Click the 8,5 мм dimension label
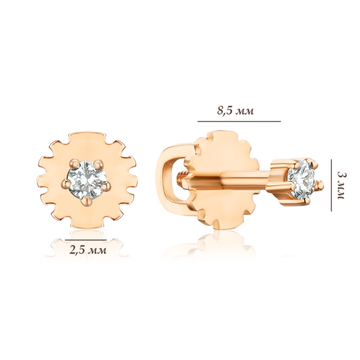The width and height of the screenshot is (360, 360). (x=236, y=111)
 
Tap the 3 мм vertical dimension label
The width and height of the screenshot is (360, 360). (x=341, y=186)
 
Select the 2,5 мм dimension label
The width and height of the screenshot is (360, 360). (x=88, y=250)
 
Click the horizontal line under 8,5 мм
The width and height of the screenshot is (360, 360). (x=239, y=121)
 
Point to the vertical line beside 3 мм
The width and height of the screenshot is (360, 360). (x=331, y=185)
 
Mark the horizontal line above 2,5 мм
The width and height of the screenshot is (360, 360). (x=86, y=240)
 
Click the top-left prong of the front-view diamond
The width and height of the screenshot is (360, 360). (x=74, y=163)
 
